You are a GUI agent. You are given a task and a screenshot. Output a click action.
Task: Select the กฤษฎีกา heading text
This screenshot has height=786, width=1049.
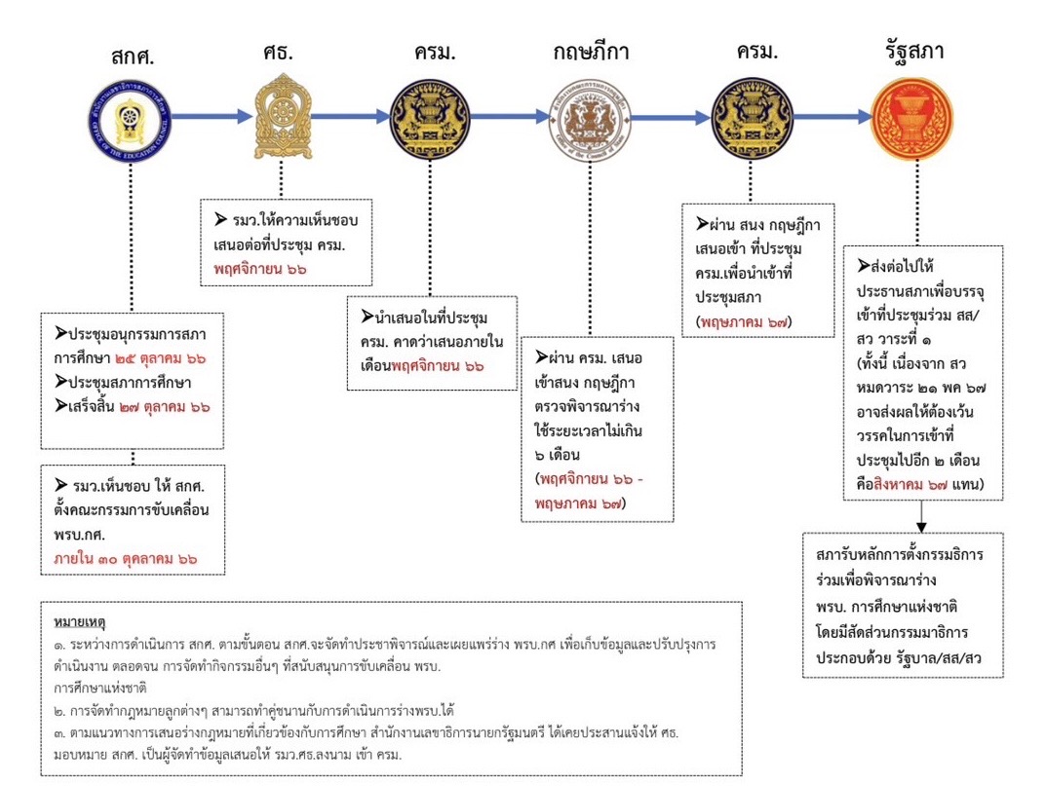point(592,52)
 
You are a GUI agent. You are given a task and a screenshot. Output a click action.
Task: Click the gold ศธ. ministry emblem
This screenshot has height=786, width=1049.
point(280,116)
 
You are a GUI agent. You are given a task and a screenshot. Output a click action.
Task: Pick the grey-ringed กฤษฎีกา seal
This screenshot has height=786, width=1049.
point(592,117)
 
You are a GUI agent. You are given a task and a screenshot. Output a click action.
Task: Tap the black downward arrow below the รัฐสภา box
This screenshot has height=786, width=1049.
point(921,515)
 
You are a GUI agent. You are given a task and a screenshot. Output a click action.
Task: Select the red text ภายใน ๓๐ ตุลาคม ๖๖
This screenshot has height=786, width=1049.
point(125,559)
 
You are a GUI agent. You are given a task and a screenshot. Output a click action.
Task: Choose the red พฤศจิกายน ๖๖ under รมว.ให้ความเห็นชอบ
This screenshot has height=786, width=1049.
point(259,267)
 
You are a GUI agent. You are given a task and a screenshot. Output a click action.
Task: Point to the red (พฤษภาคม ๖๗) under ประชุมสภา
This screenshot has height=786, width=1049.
point(744,320)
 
